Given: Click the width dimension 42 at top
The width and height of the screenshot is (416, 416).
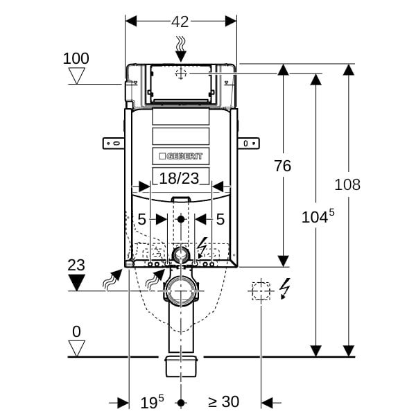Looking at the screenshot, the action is (x=180, y=21).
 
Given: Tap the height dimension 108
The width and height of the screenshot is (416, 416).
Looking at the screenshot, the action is (x=347, y=184).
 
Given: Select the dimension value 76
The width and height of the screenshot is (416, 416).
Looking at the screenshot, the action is (x=283, y=166).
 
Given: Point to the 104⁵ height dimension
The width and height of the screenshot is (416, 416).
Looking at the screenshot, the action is (x=318, y=216).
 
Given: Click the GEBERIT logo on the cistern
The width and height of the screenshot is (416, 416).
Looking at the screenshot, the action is (x=181, y=156).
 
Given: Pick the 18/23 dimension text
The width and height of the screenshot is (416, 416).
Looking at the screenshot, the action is (x=179, y=178).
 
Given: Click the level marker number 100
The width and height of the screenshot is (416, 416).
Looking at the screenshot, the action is (x=76, y=58).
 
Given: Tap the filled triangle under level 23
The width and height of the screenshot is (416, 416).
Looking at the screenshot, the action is (x=77, y=282).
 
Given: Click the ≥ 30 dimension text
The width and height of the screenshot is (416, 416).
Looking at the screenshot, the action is (x=224, y=401).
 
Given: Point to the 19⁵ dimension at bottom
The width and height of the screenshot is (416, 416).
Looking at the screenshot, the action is (x=152, y=402).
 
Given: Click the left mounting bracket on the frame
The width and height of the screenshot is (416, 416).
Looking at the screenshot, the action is (x=114, y=144).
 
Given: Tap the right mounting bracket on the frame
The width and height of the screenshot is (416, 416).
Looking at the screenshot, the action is (x=248, y=144).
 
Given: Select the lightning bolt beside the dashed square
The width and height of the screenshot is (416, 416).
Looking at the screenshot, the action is (x=285, y=288).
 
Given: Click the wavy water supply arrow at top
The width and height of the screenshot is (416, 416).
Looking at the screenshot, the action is (x=181, y=49).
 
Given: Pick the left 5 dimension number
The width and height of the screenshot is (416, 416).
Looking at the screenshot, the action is (x=141, y=219).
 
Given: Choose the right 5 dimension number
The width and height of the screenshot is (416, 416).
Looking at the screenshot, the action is (x=220, y=219).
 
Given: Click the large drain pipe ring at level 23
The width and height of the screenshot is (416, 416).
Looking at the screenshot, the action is (x=167, y=291).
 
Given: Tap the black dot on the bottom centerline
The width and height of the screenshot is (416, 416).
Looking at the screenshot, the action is (x=181, y=404).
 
